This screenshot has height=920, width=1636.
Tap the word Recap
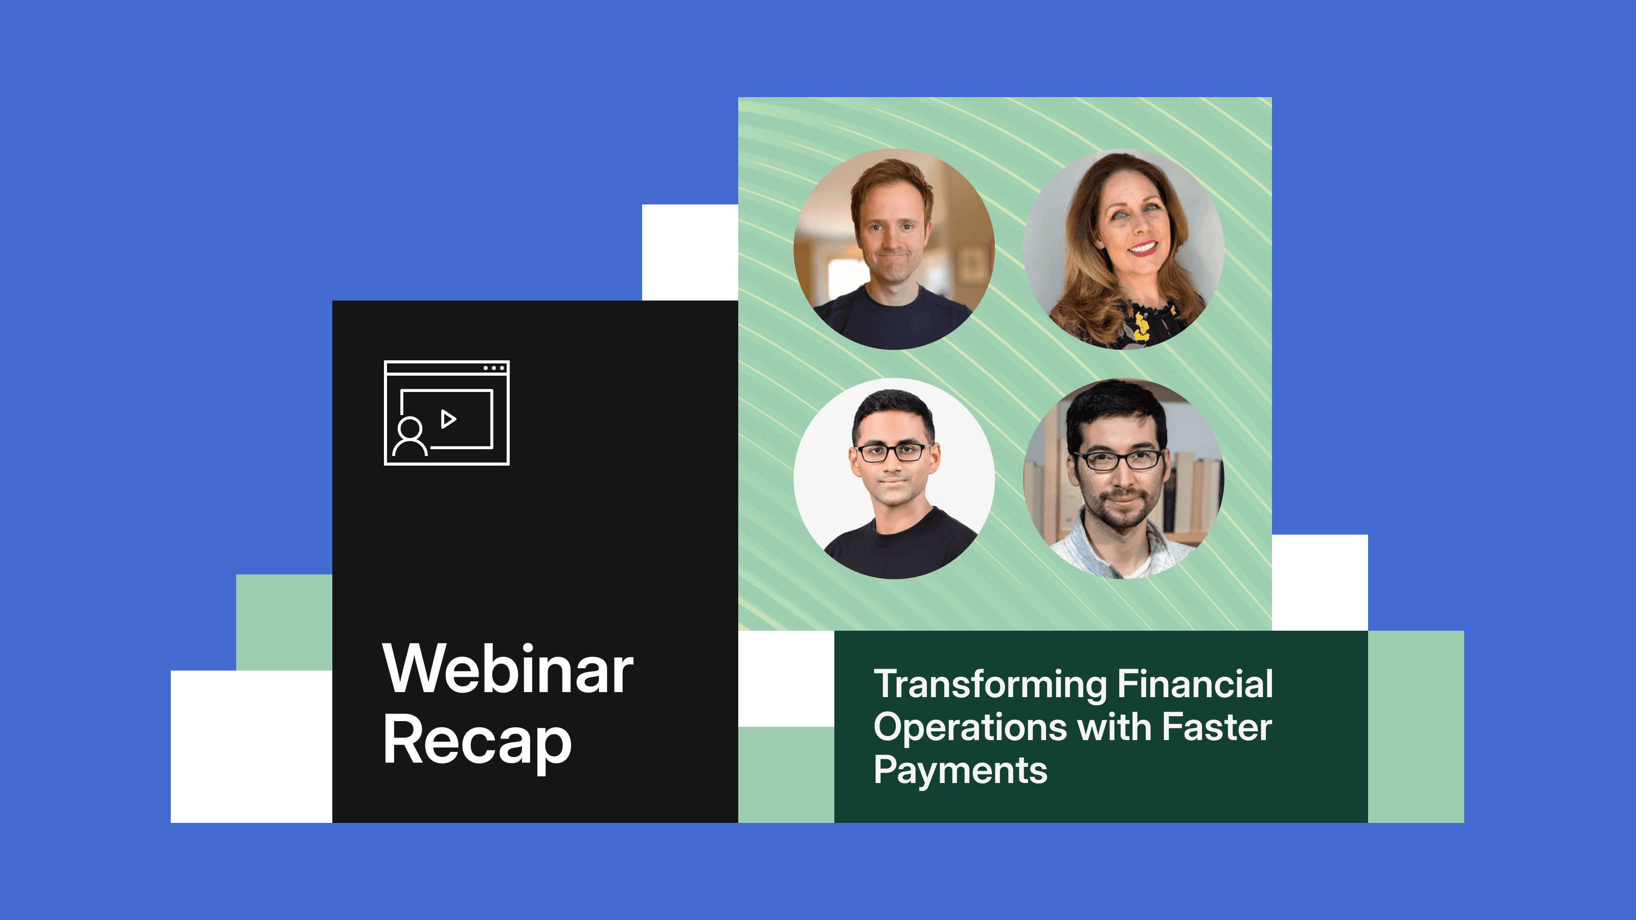point(477,740)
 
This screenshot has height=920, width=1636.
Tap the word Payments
point(960,770)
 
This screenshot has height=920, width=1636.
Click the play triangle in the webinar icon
point(448,419)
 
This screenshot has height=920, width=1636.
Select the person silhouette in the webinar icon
point(410,437)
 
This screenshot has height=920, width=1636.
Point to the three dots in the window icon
point(493,368)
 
